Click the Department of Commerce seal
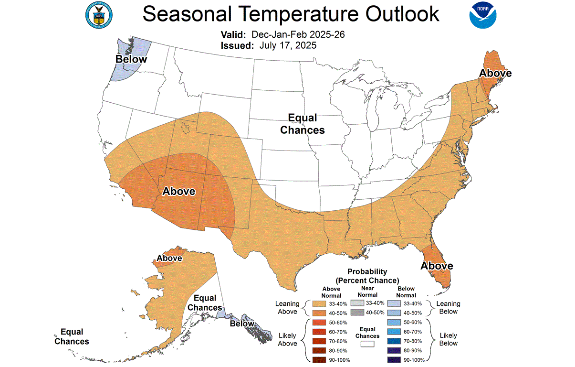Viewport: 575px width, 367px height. (x=99, y=15)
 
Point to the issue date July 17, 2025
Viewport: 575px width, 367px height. (x=288, y=45)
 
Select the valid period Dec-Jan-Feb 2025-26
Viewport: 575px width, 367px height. (x=298, y=35)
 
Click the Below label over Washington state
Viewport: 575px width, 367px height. (x=131, y=59)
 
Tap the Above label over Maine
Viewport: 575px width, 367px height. (x=495, y=73)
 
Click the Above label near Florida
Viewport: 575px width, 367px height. (x=437, y=266)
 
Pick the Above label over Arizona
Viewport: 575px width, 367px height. (x=179, y=191)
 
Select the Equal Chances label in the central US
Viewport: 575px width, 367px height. (x=303, y=124)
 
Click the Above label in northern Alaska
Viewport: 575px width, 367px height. (x=169, y=258)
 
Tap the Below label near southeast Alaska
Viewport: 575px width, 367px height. (x=242, y=324)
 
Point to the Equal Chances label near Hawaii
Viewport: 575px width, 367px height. (x=72, y=336)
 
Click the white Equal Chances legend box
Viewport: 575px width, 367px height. (x=367, y=344)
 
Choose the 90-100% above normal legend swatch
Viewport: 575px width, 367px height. (x=319, y=359)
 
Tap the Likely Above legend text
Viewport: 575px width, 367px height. (x=287, y=339)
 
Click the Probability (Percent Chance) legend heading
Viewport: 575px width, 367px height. (x=367, y=276)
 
